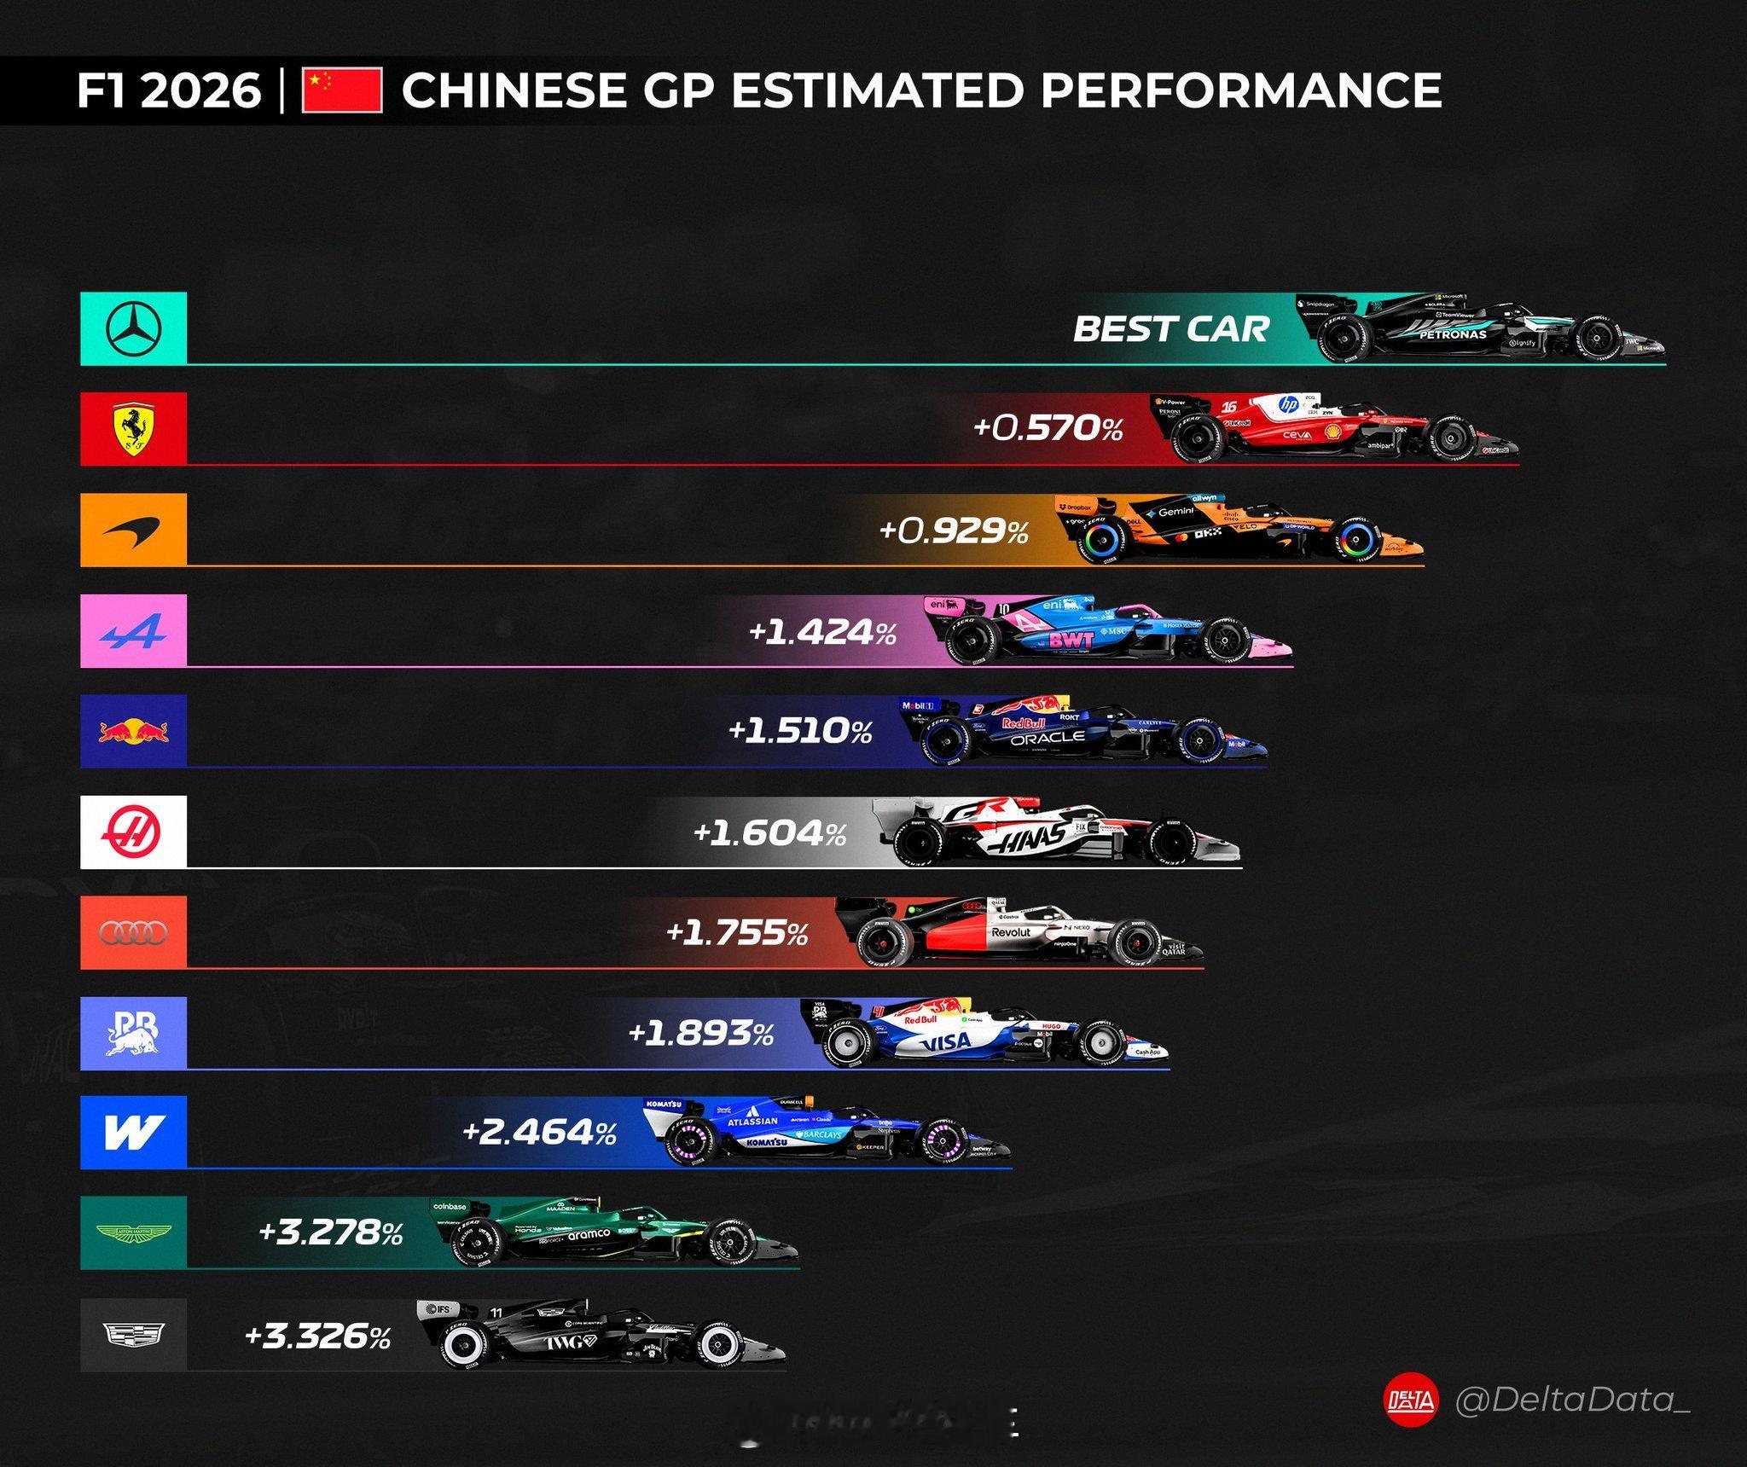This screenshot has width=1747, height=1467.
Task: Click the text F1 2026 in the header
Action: (169, 91)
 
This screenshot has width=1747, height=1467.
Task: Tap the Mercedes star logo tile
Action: (134, 329)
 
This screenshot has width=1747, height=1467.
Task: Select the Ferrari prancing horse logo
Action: (134, 429)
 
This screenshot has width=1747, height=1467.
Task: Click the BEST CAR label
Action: (1170, 329)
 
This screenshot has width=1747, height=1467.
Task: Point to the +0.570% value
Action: (1048, 428)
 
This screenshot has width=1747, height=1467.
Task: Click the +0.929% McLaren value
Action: (953, 531)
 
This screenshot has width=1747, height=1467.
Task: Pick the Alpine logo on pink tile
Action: (134, 631)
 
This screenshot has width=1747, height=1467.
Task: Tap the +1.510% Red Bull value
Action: (800, 732)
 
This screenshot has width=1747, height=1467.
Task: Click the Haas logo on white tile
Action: (134, 832)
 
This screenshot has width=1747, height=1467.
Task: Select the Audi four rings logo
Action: (134, 933)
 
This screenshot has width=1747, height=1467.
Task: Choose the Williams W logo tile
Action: (134, 1133)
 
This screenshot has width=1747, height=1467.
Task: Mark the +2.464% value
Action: (539, 1134)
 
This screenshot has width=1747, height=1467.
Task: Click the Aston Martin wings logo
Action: (134, 1233)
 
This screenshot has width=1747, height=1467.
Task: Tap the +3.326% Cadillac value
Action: (317, 1336)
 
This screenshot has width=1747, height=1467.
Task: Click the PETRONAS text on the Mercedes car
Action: (1452, 335)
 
